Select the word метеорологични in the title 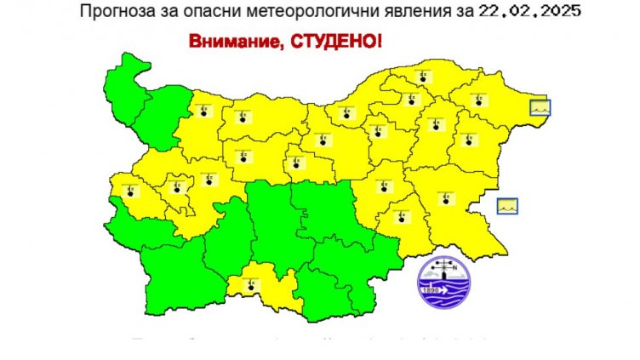pyautogui.click(x=285, y=12)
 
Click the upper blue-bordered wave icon pyautogui.click(x=540, y=107)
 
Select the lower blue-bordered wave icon pyautogui.click(x=509, y=205)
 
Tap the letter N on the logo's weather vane pyautogui.click(x=466, y=271)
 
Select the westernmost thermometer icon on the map pyautogui.click(x=129, y=190)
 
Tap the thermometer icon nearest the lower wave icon pyautogui.click(x=443, y=198)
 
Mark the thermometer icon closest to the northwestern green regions pyautogui.click(x=202, y=111)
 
